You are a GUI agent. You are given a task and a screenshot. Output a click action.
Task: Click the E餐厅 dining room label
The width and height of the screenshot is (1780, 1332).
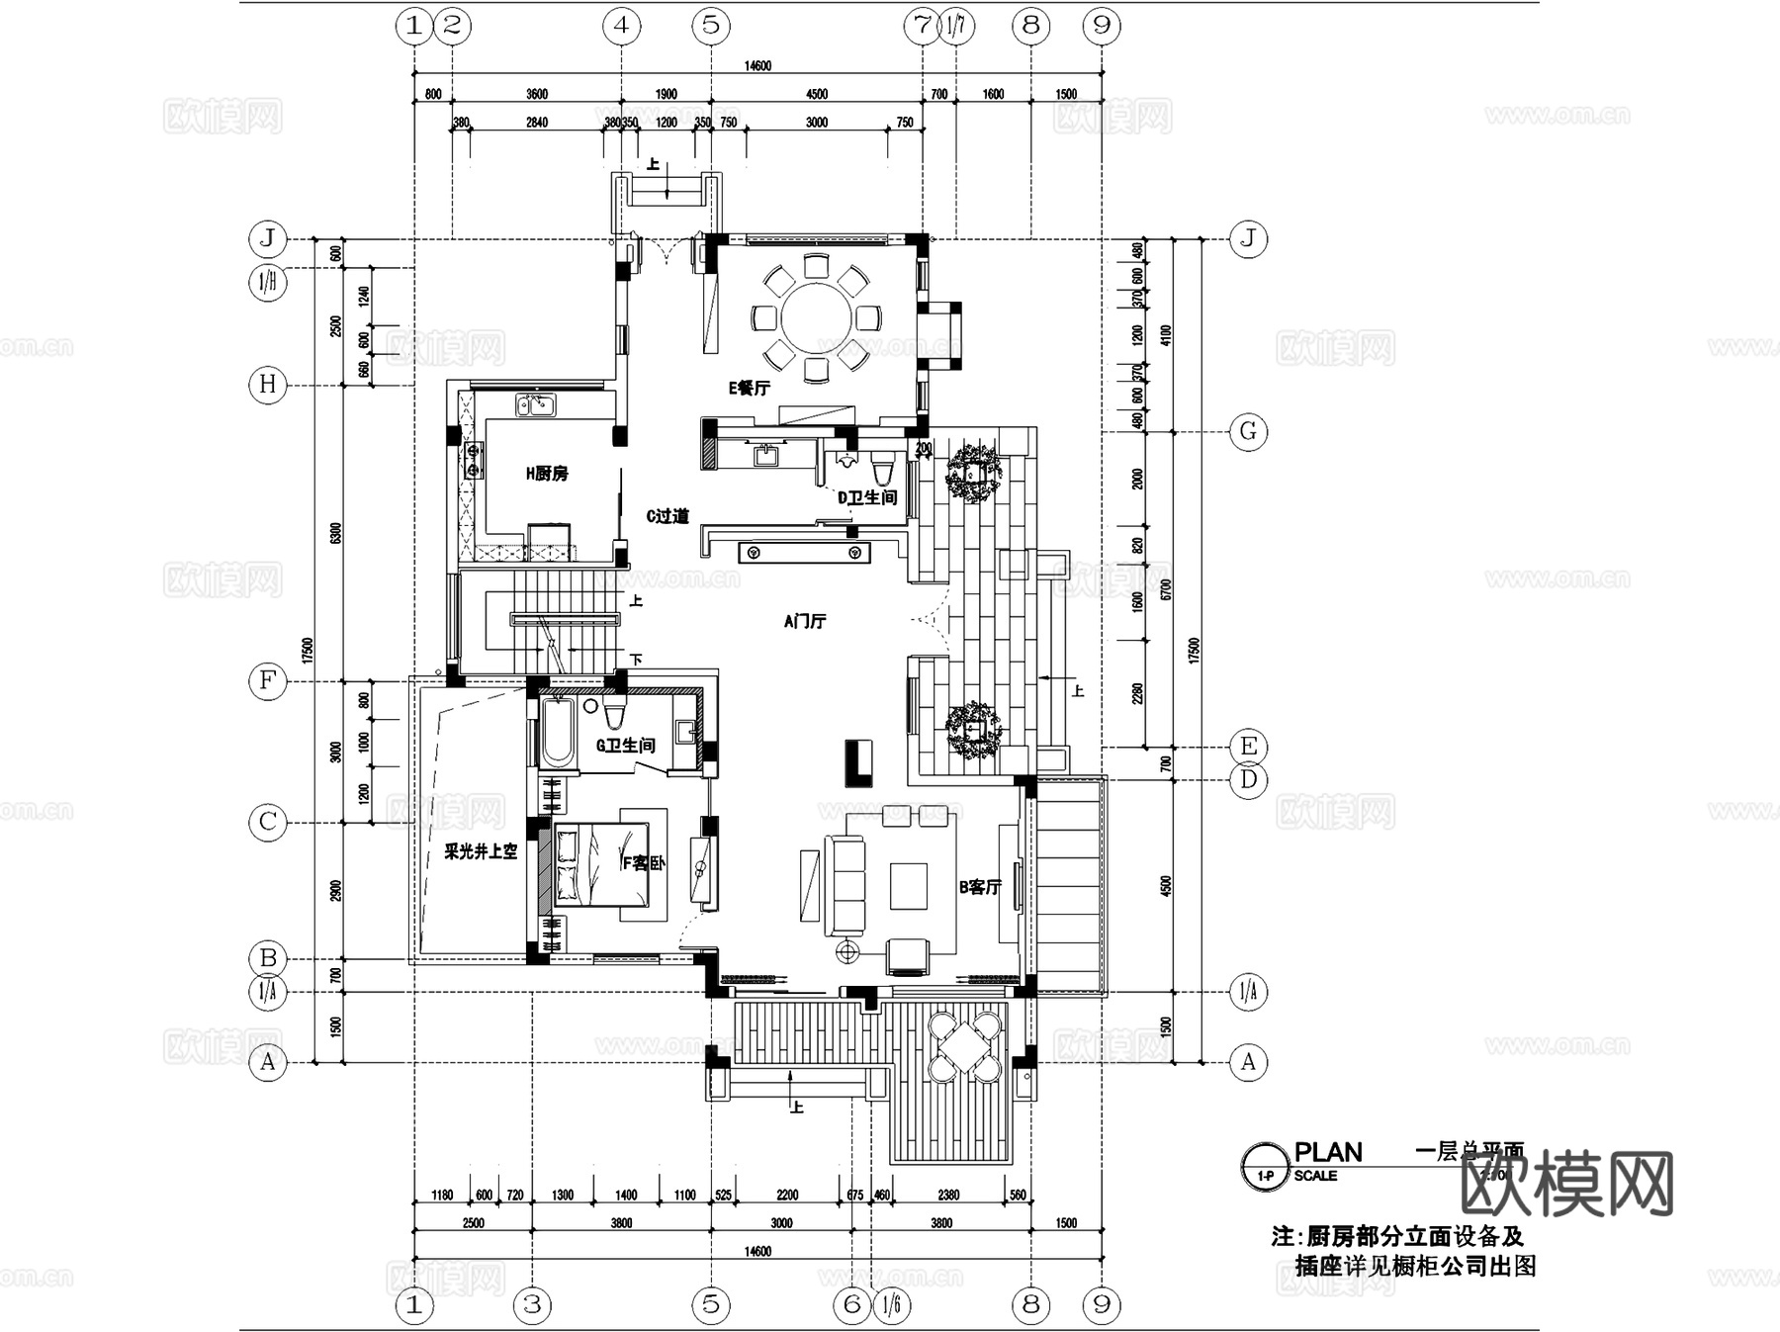click(x=749, y=388)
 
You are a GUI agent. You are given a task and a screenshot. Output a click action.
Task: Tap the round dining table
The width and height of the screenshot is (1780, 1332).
click(x=816, y=318)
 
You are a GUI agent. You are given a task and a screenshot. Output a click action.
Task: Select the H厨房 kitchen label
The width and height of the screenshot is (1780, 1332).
click(x=547, y=474)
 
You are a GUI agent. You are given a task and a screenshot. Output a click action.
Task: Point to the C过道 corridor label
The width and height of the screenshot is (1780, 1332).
click(x=667, y=516)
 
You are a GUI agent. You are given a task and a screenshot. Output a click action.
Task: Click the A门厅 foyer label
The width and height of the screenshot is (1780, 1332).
click(x=804, y=621)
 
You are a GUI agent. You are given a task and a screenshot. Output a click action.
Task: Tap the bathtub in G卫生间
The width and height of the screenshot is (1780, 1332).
click(x=557, y=733)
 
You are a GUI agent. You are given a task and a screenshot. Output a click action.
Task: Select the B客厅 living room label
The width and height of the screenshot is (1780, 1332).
click(x=980, y=887)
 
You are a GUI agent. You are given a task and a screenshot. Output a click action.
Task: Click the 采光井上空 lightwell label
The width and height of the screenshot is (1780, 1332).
click(x=480, y=850)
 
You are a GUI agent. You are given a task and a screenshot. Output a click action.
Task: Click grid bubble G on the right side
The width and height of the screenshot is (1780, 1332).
click(x=1248, y=431)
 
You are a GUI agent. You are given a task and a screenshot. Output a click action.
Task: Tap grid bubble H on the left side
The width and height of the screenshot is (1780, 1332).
click(x=267, y=384)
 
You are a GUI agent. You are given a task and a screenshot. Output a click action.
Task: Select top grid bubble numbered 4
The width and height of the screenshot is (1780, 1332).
click(x=621, y=25)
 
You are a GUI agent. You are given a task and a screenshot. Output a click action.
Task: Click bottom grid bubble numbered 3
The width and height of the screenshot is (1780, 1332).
click(x=532, y=1304)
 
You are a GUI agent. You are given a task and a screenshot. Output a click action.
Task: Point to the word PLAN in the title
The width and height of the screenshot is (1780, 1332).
click(x=1328, y=1153)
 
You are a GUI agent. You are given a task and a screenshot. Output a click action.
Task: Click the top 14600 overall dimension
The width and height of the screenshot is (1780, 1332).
click(x=757, y=66)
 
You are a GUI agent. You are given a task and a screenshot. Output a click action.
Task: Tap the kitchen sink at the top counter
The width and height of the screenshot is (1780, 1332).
click(x=535, y=404)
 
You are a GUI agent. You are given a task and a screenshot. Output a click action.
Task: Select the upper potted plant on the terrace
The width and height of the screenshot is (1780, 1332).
click(x=973, y=474)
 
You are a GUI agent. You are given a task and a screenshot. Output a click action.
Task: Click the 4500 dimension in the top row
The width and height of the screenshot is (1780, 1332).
click(x=817, y=95)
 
